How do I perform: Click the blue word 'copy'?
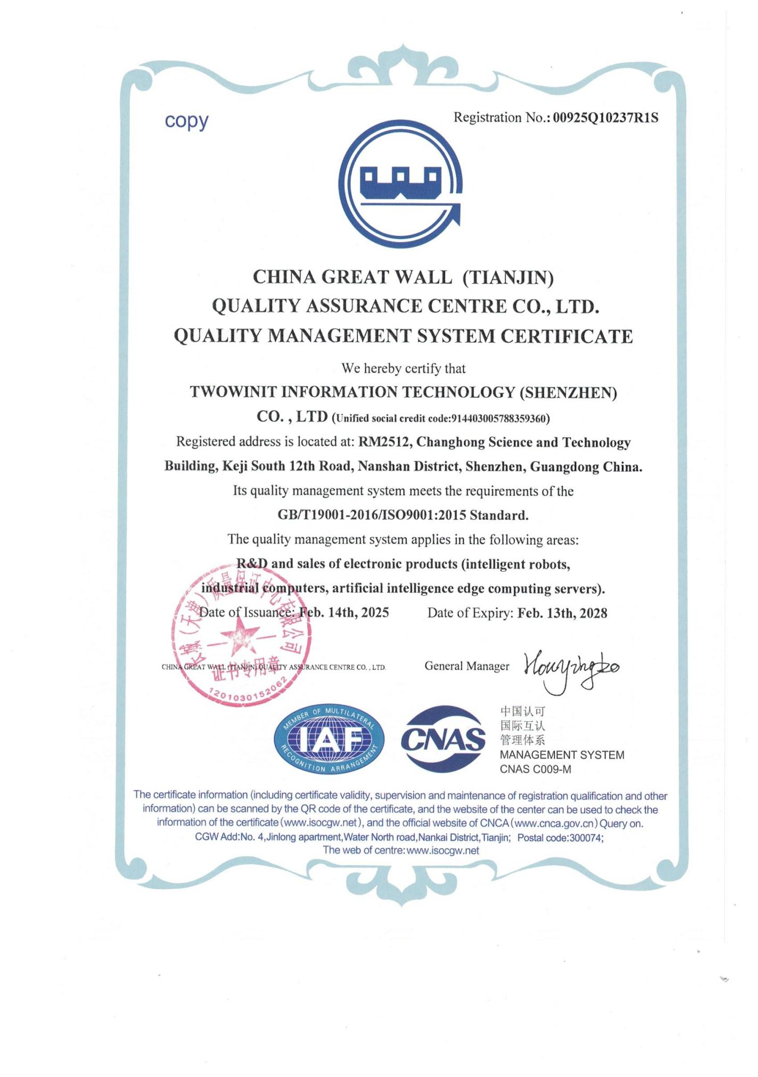186,121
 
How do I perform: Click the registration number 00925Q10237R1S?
605,118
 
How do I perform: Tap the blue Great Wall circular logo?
400,184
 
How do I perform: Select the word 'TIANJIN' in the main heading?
508,277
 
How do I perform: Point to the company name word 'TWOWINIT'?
233,392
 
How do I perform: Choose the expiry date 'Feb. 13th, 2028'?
562,613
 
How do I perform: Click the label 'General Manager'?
467,666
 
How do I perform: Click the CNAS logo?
443,739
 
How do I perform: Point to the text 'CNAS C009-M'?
535,769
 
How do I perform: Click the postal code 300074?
586,837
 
